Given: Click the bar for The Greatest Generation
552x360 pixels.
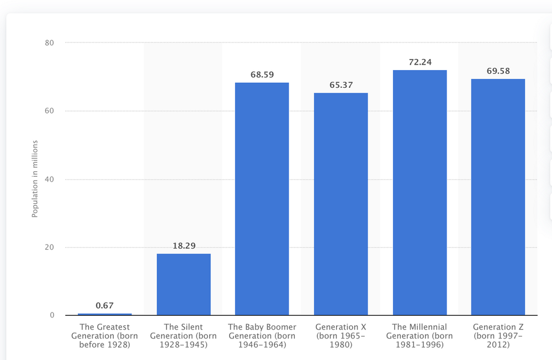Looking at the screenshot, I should coord(105,314).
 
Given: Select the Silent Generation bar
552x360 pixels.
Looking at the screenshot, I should coord(183,284).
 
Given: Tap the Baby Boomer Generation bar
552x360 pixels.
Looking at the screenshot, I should coord(262,199).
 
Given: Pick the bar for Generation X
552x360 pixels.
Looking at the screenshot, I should coord(341,204).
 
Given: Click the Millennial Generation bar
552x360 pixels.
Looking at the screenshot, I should coord(420,193).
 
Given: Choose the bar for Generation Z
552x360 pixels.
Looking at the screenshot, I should coord(498,197).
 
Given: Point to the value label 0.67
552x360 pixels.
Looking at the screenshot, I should coord(105,305).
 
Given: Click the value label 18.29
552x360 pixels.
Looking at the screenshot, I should coord(183,245).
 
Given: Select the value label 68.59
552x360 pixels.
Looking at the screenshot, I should coord(262,74).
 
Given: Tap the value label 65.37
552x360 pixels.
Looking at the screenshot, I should coord(341,84).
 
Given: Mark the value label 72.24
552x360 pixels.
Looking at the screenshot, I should coord(420,62).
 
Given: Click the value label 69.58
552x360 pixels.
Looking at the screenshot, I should coord(498,71).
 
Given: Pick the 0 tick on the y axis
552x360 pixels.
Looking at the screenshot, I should coord(52,315).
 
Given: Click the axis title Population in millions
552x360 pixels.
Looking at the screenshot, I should coord(35,179).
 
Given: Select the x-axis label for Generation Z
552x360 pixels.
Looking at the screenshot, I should coord(498,336).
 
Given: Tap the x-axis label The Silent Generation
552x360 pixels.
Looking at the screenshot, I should coord(183,336).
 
